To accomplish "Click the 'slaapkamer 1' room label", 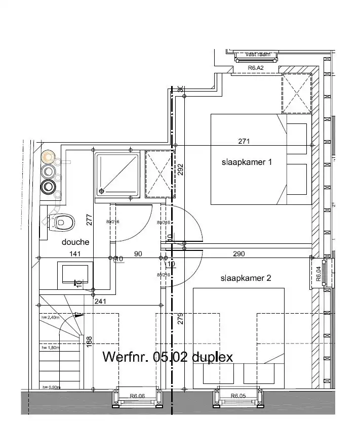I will pyautogui.click(x=247, y=162).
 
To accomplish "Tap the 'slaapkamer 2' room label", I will pyautogui.click(x=246, y=278).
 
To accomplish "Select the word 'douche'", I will pyautogui.click(x=76, y=242).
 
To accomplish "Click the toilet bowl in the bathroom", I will pyautogui.click(x=63, y=222).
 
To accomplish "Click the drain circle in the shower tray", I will pyautogui.click(x=102, y=191).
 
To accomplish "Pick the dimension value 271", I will pyautogui.click(x=244, y=141).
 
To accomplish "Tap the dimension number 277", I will pyautogui.click(x=89, y=220).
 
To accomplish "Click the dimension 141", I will pyautogui.click(x=76, y=254).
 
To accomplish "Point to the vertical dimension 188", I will pyautogui.click(x=89, y=342).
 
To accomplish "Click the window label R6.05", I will pyautogui.click(x=238, y=396).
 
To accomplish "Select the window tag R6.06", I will pyautogui.click(x=137, y=396).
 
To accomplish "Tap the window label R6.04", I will pyautogui.click(x=318, y=274).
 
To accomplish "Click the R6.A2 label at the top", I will pyautogui.click(x=256, y=67).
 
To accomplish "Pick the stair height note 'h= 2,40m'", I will pyautogui.click(x=51, y=318).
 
